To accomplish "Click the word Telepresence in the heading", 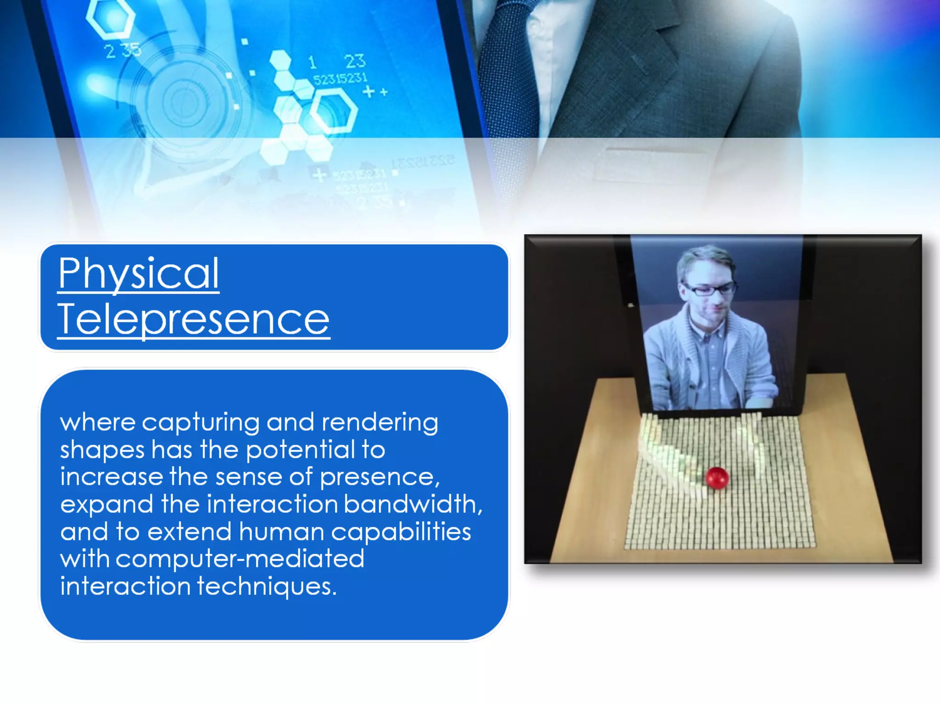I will (193, 319).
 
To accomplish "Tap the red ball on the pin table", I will (716, 478).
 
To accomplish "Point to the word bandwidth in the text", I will (413, 504).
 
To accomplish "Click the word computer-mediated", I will (240, 559).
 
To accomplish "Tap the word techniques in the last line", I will (267, 587).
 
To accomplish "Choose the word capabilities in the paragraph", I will (401, 532).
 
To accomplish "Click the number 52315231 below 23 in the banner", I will (340, 79).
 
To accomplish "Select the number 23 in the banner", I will (355, 61).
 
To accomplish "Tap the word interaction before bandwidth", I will (272, 504).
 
